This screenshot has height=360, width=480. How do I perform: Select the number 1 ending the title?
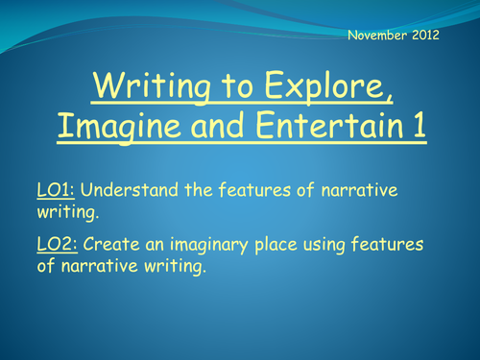coord(419,126)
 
